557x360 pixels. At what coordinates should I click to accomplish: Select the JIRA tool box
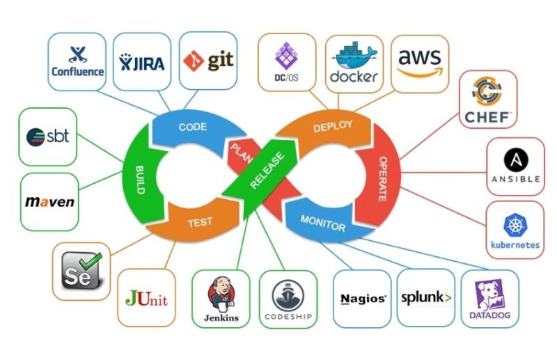141,61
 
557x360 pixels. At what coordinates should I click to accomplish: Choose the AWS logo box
419,61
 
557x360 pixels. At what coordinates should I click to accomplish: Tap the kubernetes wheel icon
515,224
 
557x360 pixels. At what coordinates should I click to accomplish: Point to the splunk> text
426,298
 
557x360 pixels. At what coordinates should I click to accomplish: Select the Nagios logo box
363,299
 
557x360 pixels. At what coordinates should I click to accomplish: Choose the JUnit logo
147,298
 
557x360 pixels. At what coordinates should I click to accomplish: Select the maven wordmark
49,202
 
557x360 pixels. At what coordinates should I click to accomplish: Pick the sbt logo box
48,136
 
